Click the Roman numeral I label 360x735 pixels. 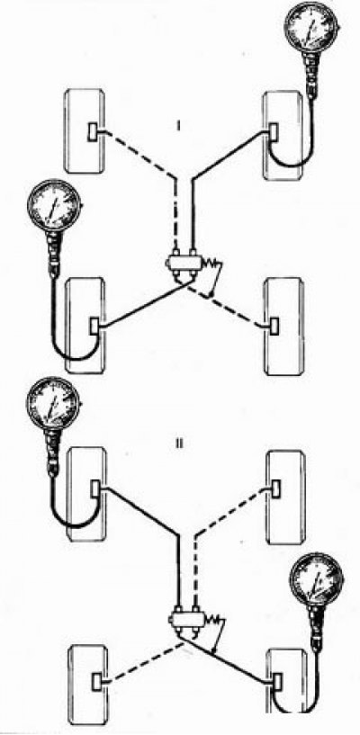[x=178, y=126]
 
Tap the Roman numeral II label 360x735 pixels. [x=178, y=444]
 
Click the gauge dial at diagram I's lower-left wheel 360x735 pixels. [x=54, y=205]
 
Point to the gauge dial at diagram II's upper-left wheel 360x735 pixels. [x=52, y=403]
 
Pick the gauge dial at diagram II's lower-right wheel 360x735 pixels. [x=317, y=579]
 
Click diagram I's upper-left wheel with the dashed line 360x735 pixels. [x=83, y=130]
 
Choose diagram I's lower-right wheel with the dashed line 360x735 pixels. [x=284, y=327]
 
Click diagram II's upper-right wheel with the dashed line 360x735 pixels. [x=285, y=497]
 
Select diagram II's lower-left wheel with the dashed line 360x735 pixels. [x=88, y=685]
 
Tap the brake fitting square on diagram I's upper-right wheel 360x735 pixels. [x=274, y=131]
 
